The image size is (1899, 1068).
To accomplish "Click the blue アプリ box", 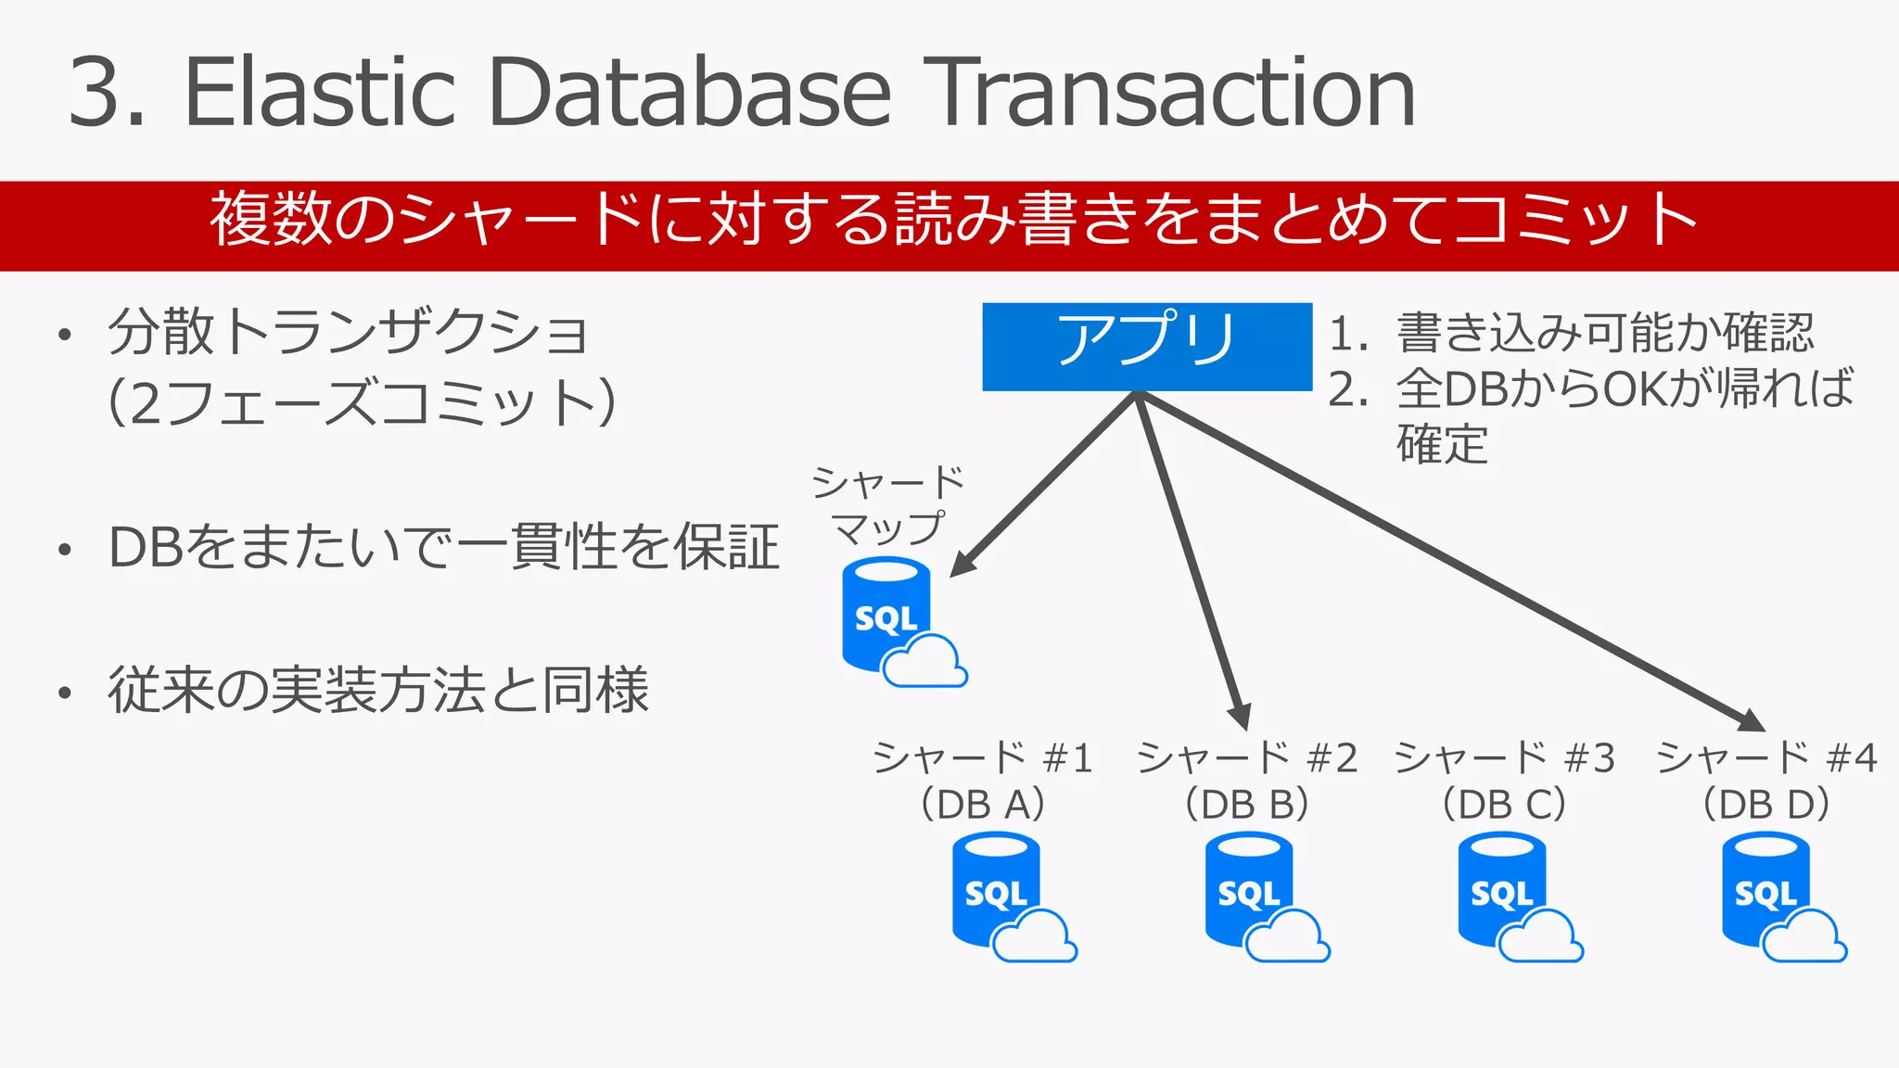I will [1147, 346].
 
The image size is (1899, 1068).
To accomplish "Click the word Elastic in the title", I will [320, 93].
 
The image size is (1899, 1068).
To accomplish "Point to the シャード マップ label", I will [888, 505].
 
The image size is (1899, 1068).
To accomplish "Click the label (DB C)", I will [1503, 804].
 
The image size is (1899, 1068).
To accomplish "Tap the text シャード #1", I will [983, 758].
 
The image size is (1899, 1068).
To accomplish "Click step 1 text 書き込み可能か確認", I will [1604, 333].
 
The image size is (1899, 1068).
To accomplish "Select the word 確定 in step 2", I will [1442, 443].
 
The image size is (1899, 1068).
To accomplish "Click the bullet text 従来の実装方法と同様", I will [377, 690].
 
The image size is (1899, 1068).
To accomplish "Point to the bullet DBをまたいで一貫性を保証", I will [442, 547].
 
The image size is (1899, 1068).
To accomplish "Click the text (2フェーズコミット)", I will [362, 403].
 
